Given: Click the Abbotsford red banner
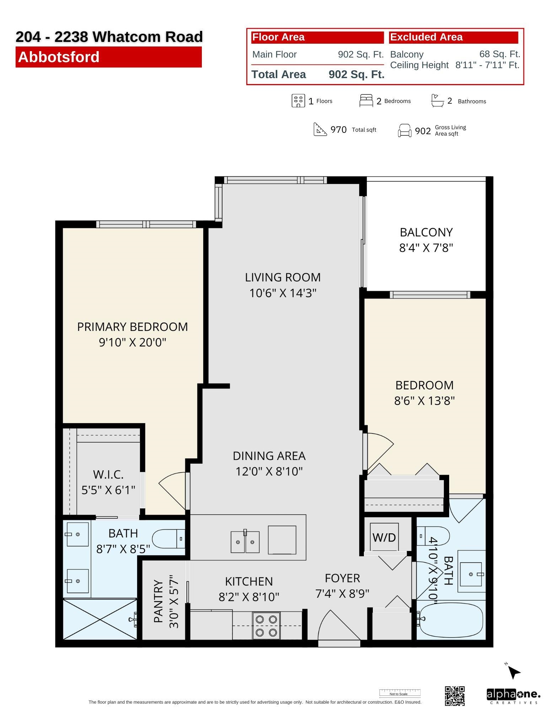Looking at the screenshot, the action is point(108,57).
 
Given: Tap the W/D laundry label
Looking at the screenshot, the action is point(384,537).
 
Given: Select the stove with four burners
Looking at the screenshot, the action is point(266,626).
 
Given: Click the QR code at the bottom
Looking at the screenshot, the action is point(454,696).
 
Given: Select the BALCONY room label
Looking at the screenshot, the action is point(426,232).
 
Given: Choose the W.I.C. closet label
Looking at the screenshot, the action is point(108,474).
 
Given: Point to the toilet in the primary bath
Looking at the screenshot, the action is point(169,539).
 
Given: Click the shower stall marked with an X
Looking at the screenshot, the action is point(100,619).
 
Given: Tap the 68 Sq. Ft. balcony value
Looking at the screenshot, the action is point(500,54).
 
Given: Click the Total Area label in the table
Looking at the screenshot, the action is point(279,75).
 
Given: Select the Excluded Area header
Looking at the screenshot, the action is point(426,37).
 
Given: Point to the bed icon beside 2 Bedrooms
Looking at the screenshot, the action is point(366,101).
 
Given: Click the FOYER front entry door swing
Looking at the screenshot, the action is point(331,625).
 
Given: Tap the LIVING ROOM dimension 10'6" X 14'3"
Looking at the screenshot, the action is point(283,293).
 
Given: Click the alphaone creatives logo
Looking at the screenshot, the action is point(513,696).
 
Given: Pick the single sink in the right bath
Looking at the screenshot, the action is point(471,574).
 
